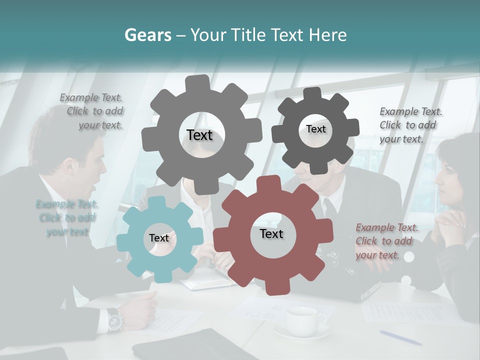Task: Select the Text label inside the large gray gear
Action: (199, 135)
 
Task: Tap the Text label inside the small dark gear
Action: (315, 129)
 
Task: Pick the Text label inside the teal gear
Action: (159, 238)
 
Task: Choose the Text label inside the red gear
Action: (271, 233)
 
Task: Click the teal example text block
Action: (67, 218)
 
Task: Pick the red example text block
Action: (385, 241)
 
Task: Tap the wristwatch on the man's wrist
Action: (114, 319)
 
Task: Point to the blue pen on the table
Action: (400, 337)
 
